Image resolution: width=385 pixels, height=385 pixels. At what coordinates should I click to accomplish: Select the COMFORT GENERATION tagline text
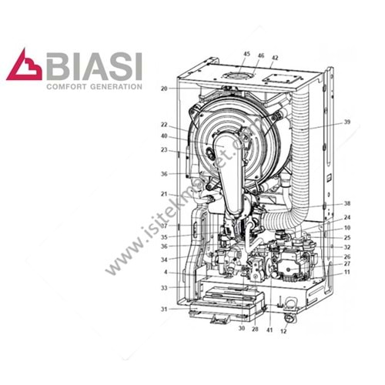click(95, 87)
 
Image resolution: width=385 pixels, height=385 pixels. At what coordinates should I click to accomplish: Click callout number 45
click(247, 54)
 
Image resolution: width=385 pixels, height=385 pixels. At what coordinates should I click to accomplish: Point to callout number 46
click(260, 55)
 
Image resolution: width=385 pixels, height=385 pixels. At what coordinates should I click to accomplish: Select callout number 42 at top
click(274, 58)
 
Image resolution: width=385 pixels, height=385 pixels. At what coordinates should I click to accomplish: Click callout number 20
click(164, 89)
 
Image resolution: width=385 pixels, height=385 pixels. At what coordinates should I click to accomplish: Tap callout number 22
click(164, 125)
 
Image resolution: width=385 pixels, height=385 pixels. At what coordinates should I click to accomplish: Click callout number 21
click(164, 193)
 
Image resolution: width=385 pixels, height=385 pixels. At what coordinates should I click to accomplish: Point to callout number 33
click(164, 288)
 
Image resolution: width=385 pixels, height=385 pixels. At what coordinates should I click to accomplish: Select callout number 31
click(164, 310)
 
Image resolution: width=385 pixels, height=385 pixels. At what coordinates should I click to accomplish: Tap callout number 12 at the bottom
click(283, 331)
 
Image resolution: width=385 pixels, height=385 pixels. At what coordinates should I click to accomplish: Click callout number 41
click(269, 329)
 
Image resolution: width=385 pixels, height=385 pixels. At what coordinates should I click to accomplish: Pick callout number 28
click(254, 329)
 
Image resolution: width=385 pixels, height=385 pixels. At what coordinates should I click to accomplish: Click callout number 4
click(164, 273)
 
